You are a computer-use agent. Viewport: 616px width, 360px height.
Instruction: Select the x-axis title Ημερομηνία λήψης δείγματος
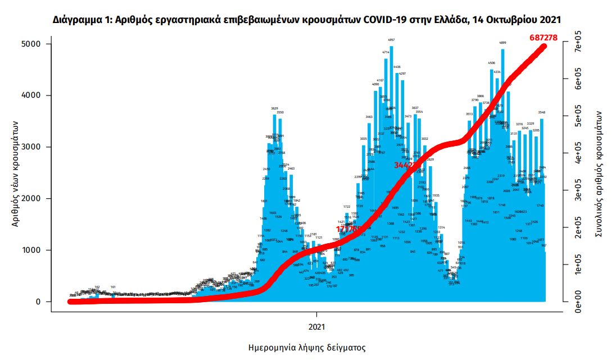307,348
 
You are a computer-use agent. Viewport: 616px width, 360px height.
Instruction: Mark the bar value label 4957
391,40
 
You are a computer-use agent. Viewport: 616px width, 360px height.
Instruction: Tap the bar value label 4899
502,43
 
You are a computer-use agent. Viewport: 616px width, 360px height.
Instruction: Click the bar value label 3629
274,108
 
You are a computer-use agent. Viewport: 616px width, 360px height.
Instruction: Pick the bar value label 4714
386,52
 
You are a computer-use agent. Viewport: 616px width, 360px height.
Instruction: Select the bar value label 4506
491,63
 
